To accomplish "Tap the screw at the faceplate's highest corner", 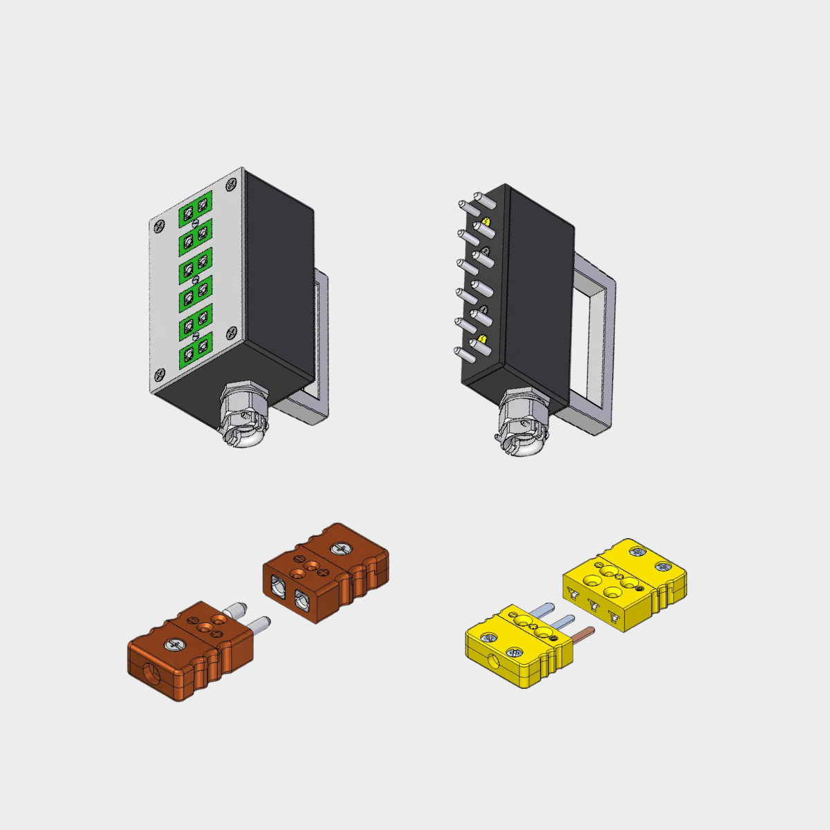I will pos(231,185).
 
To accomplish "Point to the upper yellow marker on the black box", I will pos(486,222).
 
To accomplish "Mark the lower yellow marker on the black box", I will pos(483,339).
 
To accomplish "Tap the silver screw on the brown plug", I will pos(174,645).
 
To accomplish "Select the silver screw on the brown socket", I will pos(341,548).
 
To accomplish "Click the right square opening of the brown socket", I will pos(302,601).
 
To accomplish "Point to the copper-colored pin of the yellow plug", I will pos(581,634).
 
